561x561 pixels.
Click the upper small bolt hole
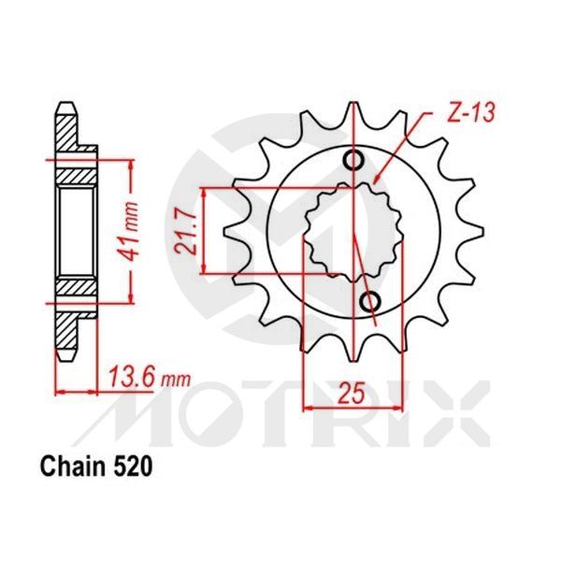tap(354, 160)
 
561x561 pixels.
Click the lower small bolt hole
tap(370, 300)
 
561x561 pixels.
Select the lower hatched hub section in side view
tap(75, 291)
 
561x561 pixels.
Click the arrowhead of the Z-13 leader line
tap(374, 179)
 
